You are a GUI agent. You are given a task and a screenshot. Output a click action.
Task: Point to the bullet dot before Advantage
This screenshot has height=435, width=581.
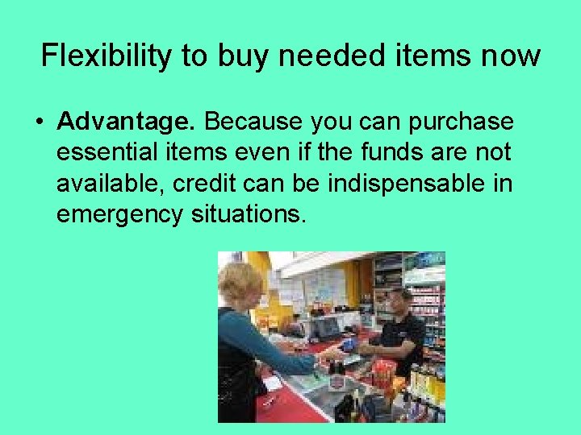[x=39, y=122]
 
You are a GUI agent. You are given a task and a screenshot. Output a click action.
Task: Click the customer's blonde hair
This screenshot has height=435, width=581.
[x=241, y=282]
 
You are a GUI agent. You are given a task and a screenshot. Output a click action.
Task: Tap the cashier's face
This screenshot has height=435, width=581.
[x=399, y=304]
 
